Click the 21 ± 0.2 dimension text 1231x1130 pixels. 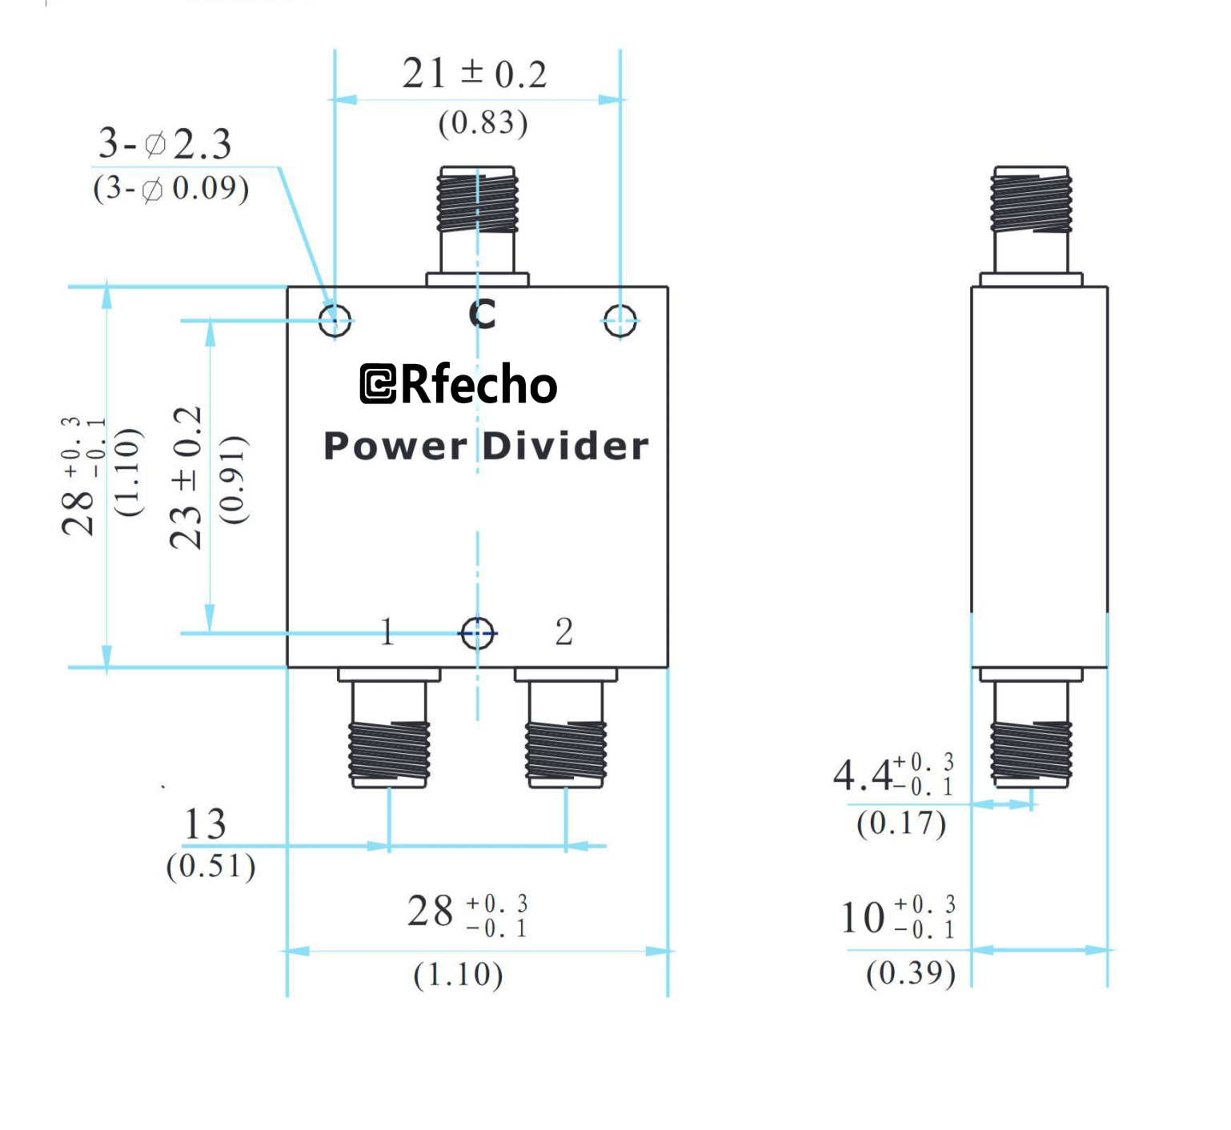tap(474, 74)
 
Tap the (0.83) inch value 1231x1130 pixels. tap(483, 123)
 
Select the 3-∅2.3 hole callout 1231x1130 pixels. tap(165, 144)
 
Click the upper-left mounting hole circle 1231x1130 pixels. tap(335, 321)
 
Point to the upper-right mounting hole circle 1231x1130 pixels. tap(620, 321)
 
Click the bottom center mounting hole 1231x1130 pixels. tap(477, 634)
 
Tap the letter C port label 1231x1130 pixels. tap(483, 315)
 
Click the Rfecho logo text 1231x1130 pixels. tap(459, 385)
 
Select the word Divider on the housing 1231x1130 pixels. tap(565, 447)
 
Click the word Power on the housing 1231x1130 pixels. tap(395, 447)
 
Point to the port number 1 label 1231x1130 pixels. tap(387, 632)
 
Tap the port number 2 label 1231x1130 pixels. tap(563, 632)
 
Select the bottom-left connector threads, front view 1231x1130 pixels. tap(389, 751)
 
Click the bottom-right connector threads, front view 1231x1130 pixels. tap(565, 751)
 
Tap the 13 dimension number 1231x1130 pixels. tap(205, 824)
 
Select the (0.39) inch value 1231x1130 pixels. tap(911, 973)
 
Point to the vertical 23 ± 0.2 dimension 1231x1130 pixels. tap(186, 478)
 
